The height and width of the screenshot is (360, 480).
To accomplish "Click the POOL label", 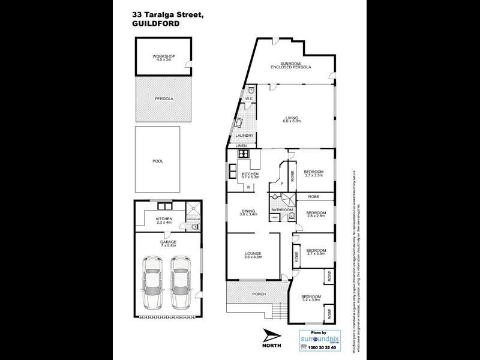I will (158, 161).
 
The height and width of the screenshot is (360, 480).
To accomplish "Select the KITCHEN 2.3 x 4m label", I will (164, 221).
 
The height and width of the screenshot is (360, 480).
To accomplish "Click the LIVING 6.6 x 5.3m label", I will (292, 119).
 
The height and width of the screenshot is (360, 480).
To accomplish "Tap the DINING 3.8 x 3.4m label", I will (248, 212).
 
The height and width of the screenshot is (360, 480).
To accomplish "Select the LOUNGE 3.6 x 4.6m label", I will (253, 256).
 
